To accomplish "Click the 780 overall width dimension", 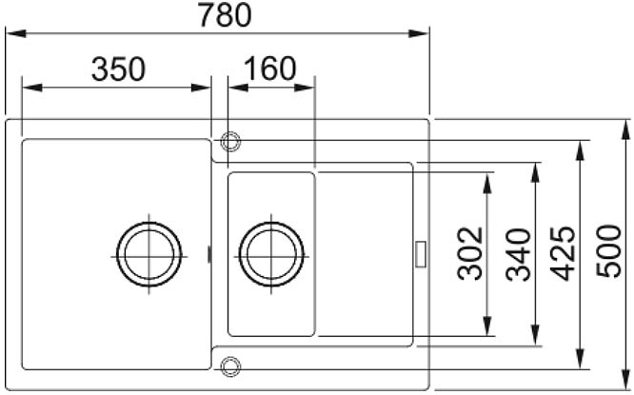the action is tap(225, 15).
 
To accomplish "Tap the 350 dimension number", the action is tap(118, 69).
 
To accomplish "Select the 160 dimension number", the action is tap(270, 69).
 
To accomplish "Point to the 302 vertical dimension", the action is tap(470, 254).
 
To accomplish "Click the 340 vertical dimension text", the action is tap(519, 255).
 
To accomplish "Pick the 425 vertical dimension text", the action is tap(563, 253).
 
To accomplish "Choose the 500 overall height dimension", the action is tap(609, 251).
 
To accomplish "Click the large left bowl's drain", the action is tap(149, 254).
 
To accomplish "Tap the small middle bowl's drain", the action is tap(271, 254).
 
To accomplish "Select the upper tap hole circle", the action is tap(230, 142).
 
